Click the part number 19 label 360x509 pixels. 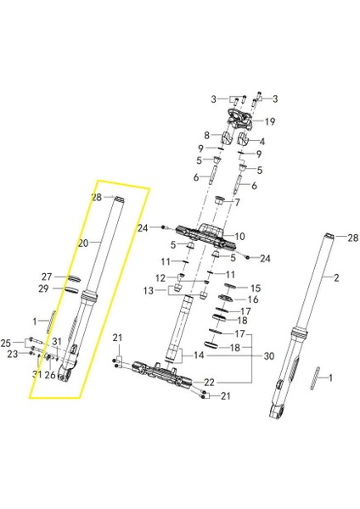point(270,121)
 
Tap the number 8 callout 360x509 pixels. point(206,135)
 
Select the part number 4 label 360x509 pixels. point(262,142)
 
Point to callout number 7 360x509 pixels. point(237,203)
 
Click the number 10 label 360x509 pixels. point(239,237)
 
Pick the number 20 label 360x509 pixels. point(83,243)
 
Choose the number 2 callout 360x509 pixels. point(336,277)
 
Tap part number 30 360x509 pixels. point(269,356)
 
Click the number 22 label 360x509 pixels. point(209,383)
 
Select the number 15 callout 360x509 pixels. point(256,288)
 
